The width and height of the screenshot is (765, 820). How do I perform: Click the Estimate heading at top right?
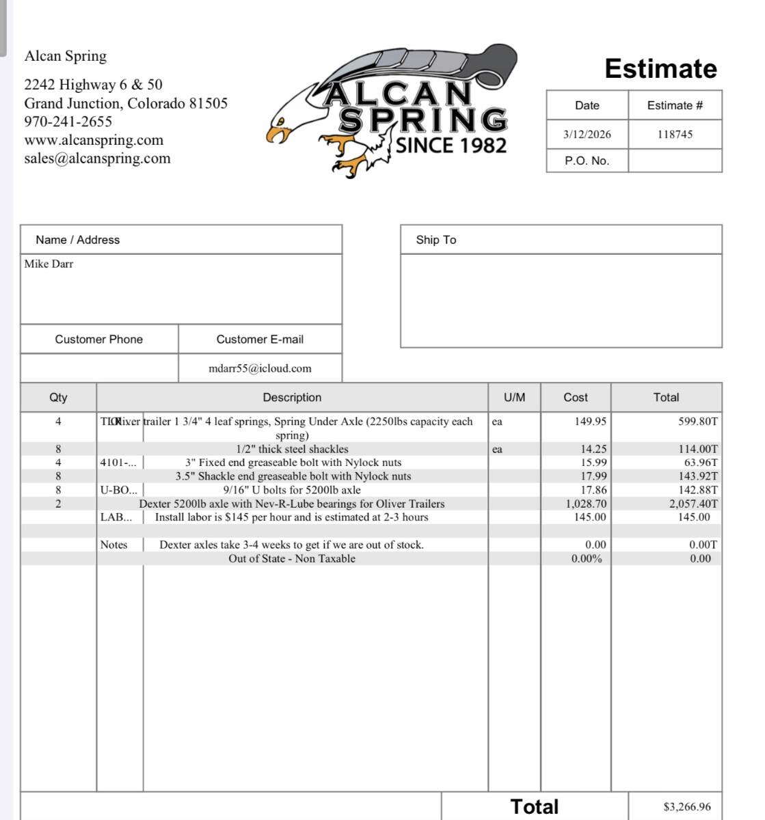(x=660, y=69)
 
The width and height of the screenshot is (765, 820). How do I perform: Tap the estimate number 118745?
(x=675, y=135)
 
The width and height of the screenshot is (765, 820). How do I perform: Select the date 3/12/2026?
(x=587, y=135)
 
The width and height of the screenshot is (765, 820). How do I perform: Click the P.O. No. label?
(x=587, y=161)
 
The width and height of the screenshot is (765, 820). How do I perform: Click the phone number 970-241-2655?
(x=68, y=122)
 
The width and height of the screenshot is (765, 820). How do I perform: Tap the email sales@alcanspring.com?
(x=97, y=159)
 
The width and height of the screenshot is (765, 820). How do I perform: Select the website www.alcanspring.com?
(x=94, y=140)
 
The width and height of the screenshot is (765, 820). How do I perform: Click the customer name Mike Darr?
(x=49, y=264)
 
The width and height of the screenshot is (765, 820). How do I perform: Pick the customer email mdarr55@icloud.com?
(x=260, y=368)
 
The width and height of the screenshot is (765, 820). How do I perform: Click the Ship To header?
(x=435, y=240)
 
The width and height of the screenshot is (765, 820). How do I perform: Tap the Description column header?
(x=292, y=398)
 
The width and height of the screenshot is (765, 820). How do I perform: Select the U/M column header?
(x=514, y=398)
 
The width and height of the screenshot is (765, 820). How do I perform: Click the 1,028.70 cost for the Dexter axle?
(x=586, y=504)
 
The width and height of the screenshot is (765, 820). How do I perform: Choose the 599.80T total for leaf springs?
(x=698, y=422)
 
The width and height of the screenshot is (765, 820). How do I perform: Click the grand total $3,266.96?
(x=686, y=807)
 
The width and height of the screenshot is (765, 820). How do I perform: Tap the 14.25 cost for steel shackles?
(x=593, y=449)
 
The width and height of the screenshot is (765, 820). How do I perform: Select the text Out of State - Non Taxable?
(x=292, y=558)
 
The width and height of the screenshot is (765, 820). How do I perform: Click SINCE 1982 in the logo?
(x=451, y=146)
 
